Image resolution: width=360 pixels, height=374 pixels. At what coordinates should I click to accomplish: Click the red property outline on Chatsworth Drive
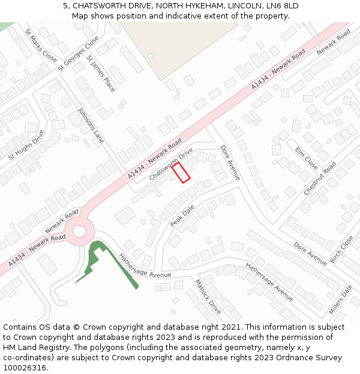pos(181,173)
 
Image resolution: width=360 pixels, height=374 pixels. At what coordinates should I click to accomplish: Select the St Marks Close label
pos(41,45)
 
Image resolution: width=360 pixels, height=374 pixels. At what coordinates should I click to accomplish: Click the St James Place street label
pos(101,74)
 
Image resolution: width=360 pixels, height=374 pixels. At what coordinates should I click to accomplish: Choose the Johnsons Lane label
pos(91,126)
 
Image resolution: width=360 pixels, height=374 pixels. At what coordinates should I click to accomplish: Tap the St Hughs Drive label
pos(26,145)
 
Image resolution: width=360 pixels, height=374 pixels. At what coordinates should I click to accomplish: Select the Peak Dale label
pos(182,216)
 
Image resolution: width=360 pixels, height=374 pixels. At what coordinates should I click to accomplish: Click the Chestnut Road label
pos(320,178)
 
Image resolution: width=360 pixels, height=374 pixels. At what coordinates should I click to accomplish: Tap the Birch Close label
pos(341,251)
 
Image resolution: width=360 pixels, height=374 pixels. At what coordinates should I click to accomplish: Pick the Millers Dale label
pos(340,300)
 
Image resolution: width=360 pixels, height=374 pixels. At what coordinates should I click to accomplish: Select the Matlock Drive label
pos(208,296)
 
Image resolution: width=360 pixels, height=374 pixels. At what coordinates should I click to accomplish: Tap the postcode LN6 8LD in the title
pos(282,6)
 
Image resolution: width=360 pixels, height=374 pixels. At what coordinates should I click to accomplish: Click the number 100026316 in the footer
pos(26,367)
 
